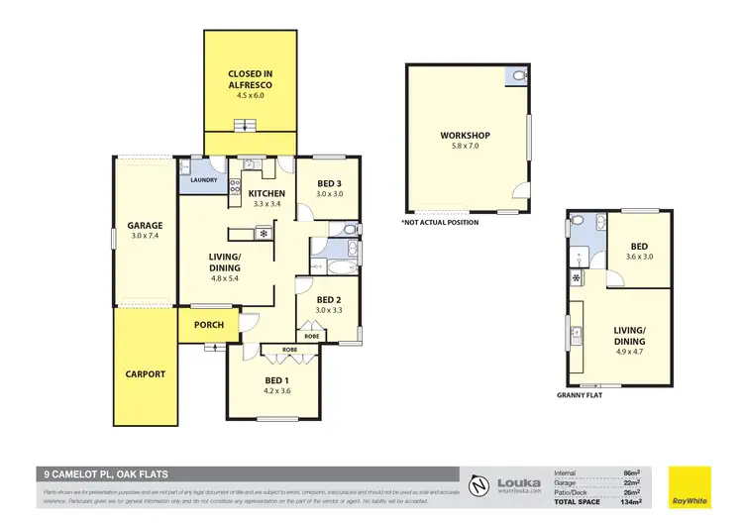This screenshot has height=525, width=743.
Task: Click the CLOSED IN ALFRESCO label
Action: [x=250, y=79]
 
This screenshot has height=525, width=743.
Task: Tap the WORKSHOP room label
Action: [x=466, y=136]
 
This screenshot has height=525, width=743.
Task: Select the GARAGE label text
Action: [x=145, y=225]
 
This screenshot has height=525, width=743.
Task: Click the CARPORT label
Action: [x=146, y=374]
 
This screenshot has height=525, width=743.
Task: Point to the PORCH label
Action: [x=209, y=325]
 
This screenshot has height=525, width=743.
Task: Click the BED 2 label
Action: [x=329, y=300]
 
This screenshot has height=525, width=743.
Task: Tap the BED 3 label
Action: [x=331, y=183]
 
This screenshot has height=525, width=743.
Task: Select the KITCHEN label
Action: [x=266, y=193]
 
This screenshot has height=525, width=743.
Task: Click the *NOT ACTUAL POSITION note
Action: [x=440, y=222]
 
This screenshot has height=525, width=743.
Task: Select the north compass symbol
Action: [x=478, y=484]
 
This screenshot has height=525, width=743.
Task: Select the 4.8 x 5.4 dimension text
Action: [x=226, y=278]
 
